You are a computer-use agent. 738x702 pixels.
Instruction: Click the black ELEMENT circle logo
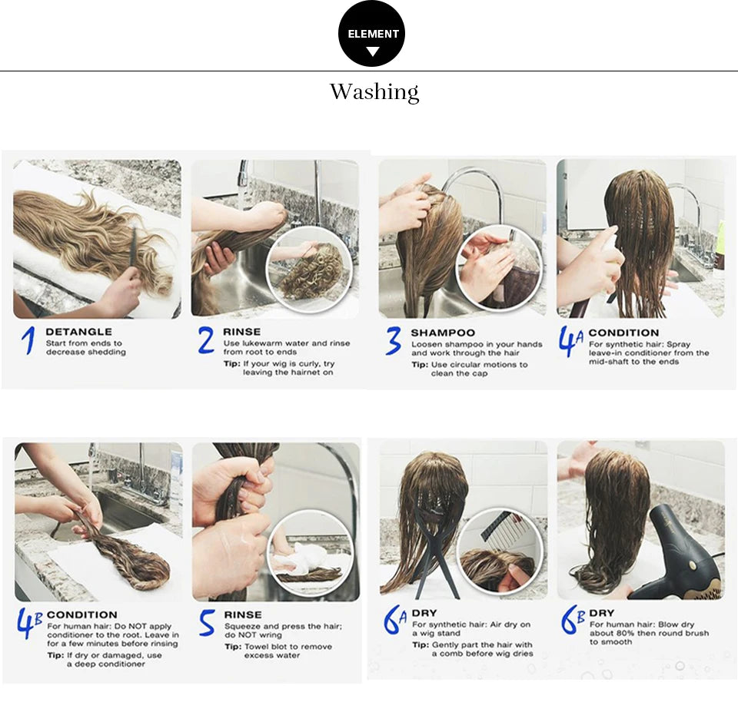371,34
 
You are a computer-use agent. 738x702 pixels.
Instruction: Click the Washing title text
374,92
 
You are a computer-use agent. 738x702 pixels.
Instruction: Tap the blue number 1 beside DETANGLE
28,341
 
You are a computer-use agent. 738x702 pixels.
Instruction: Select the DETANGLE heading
78,332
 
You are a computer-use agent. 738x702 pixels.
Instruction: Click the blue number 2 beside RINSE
206,340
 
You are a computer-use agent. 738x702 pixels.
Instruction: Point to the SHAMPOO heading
443,333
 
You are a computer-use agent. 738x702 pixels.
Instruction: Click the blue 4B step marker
29,624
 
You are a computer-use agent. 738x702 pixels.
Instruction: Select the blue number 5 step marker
207,623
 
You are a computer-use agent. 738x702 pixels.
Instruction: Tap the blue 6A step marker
395,621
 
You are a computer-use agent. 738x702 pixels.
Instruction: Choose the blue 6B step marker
573,621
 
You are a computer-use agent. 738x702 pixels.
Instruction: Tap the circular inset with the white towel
311,553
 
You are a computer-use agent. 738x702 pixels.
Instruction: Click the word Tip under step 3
419,365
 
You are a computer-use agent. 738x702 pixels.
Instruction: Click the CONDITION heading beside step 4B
82,614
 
